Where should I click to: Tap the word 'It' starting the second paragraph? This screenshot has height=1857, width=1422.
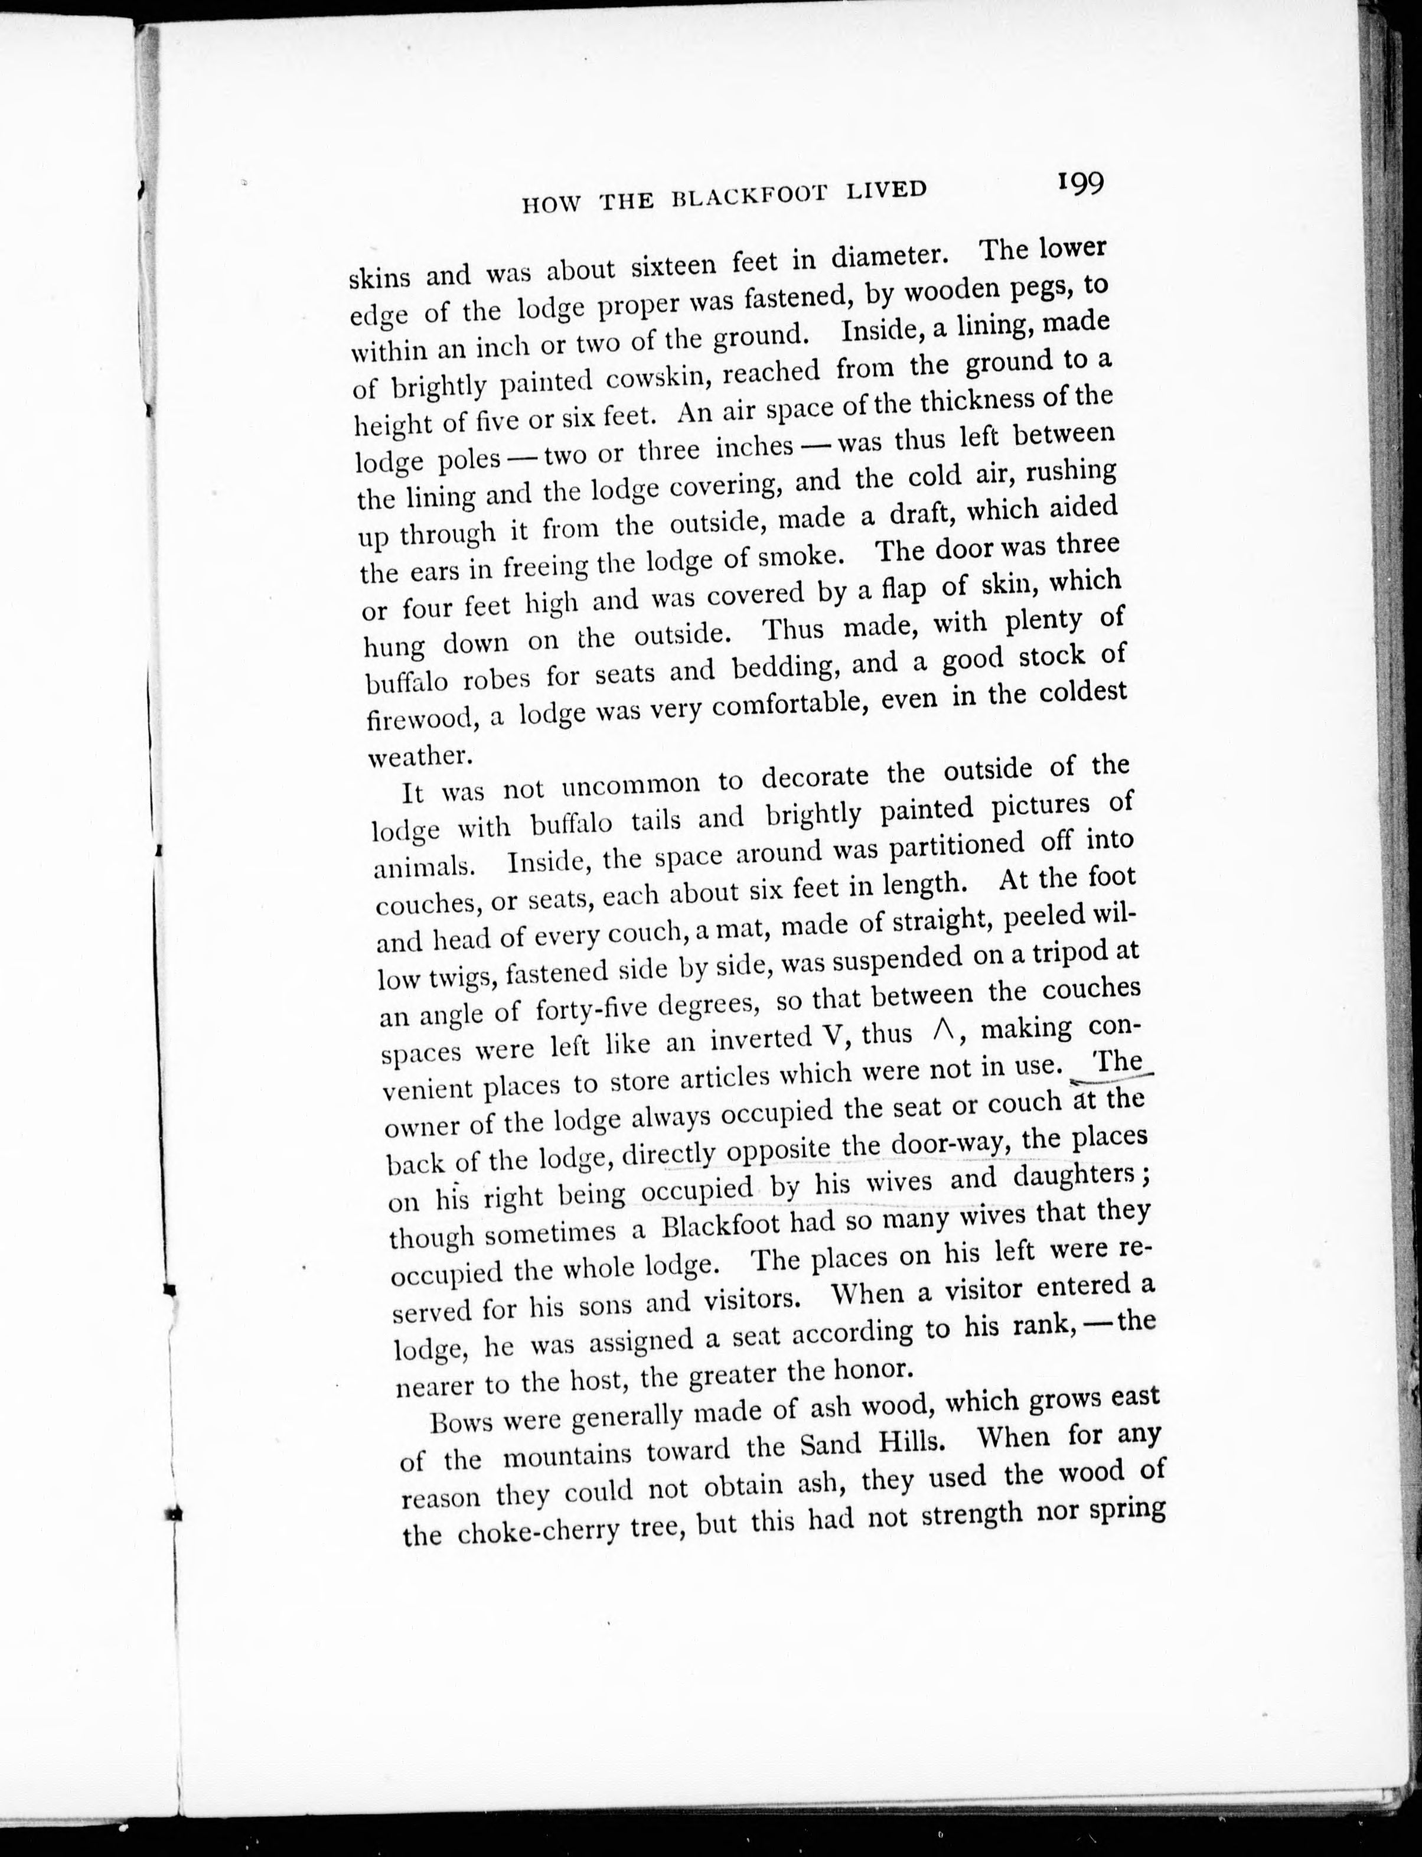pos(412,793)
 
